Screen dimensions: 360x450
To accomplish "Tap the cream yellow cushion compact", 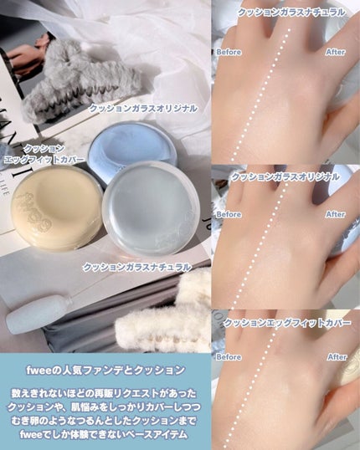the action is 56,209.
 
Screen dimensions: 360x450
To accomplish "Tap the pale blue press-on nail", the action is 39,314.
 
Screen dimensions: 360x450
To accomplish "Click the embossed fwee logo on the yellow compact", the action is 33,209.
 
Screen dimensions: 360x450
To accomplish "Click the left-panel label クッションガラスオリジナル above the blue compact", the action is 143,109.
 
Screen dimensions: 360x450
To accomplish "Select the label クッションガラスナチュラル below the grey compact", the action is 137,267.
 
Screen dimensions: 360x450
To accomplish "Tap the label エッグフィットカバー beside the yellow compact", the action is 44,160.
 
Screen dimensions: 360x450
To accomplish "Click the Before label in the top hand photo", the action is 229,52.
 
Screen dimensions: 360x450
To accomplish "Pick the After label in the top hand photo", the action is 335,52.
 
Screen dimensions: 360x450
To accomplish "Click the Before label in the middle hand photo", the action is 229,214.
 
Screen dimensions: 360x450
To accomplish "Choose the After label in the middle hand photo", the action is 335,214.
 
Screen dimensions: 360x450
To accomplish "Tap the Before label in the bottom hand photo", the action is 229,357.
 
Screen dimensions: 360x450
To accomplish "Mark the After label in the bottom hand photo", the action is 337,357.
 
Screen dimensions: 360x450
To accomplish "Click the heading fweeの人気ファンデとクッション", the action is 105,370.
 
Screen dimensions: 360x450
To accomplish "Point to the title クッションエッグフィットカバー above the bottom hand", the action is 286,323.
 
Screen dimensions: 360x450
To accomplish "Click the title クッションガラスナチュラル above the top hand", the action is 291,13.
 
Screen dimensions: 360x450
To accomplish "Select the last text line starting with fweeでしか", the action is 104,434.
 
